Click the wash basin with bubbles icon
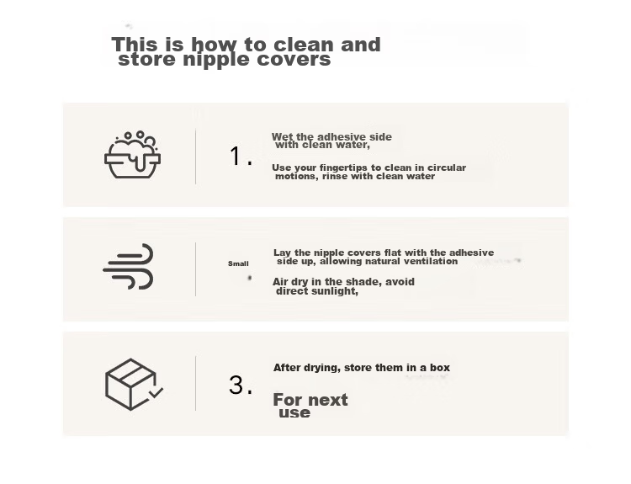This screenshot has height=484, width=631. click(x=132, y=155)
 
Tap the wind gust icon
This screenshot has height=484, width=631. click(x=129, y=266)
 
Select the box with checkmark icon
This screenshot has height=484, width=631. click(x=134, y=384)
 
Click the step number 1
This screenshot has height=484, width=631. click(x=241, y=157)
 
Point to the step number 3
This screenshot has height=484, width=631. click(x=241, y=385)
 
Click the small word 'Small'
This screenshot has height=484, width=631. click(x=238, y=263)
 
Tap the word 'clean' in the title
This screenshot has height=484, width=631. click(x=305, y=45)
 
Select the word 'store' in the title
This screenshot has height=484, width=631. click(x=147, y=60)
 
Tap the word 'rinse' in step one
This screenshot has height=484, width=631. click(x=335, y=177)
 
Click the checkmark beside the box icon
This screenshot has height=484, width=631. click(x=156, y=392)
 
